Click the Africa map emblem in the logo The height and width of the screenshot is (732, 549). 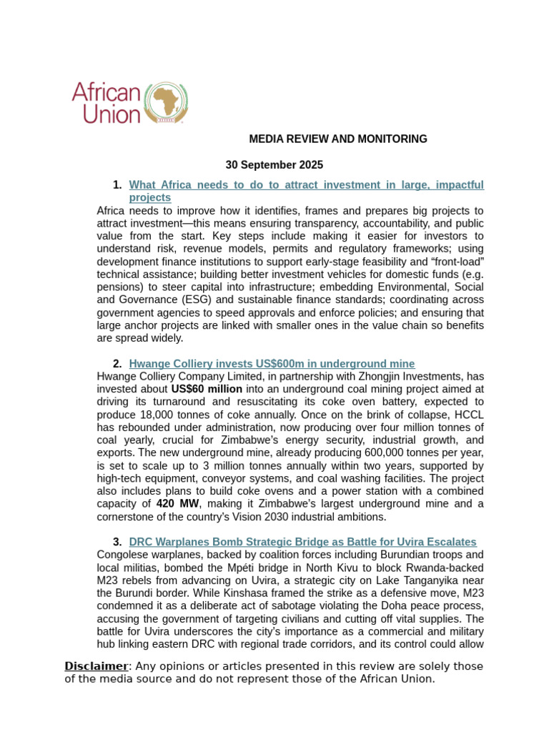coord(167,102)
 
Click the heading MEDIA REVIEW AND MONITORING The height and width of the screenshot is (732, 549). coord(337,139)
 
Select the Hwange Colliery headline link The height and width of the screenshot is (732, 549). coord(272,364)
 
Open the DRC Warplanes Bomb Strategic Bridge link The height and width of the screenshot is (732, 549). coord(302,542)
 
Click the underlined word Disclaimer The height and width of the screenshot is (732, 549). coord(96,666)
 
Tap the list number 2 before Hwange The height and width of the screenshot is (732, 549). coord(117,364)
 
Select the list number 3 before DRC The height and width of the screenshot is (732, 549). coord(117,542)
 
